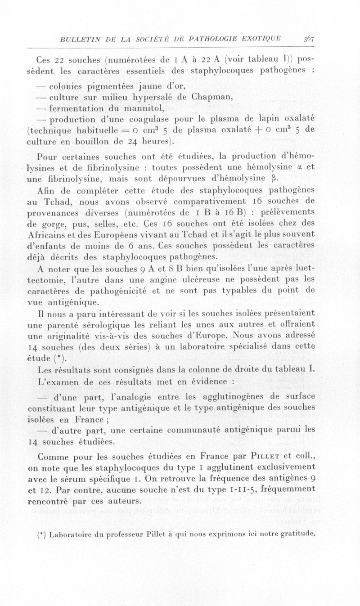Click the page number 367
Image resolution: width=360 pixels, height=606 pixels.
pyautogui.click(x=308, y=38)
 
